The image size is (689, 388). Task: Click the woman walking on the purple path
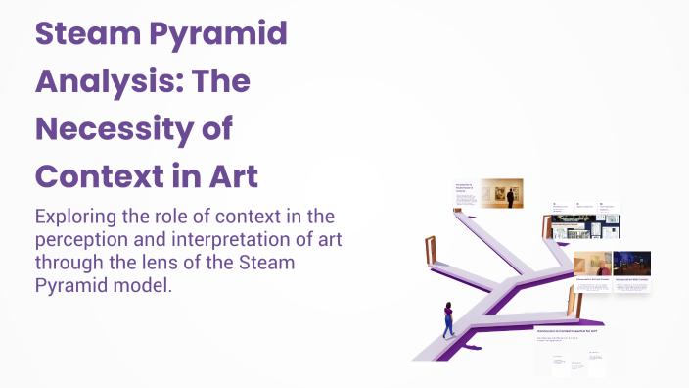point(448,319)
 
